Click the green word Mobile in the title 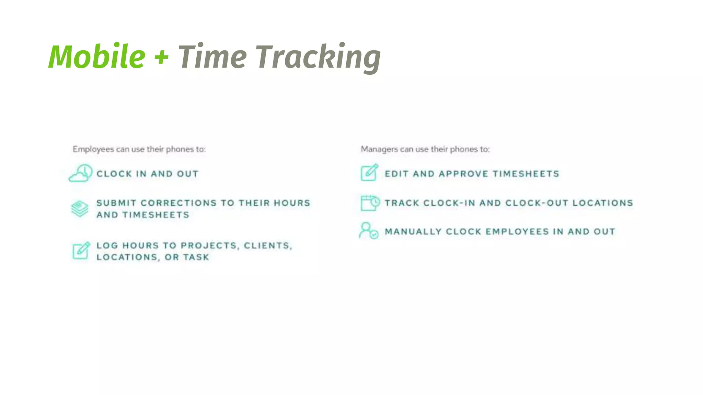pos(97,57)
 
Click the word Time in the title pos(212,57)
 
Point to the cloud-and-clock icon pos(81,173)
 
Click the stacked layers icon pos(80,208)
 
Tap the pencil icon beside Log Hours pos(81,250)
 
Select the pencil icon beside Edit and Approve pos(369,172)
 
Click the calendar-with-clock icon pos(370,203)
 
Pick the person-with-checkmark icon pos(368,231)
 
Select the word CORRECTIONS pos(178,203)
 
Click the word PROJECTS pos(209,246)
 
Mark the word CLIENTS pos(267,246)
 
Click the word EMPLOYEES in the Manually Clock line pos(517,232)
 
